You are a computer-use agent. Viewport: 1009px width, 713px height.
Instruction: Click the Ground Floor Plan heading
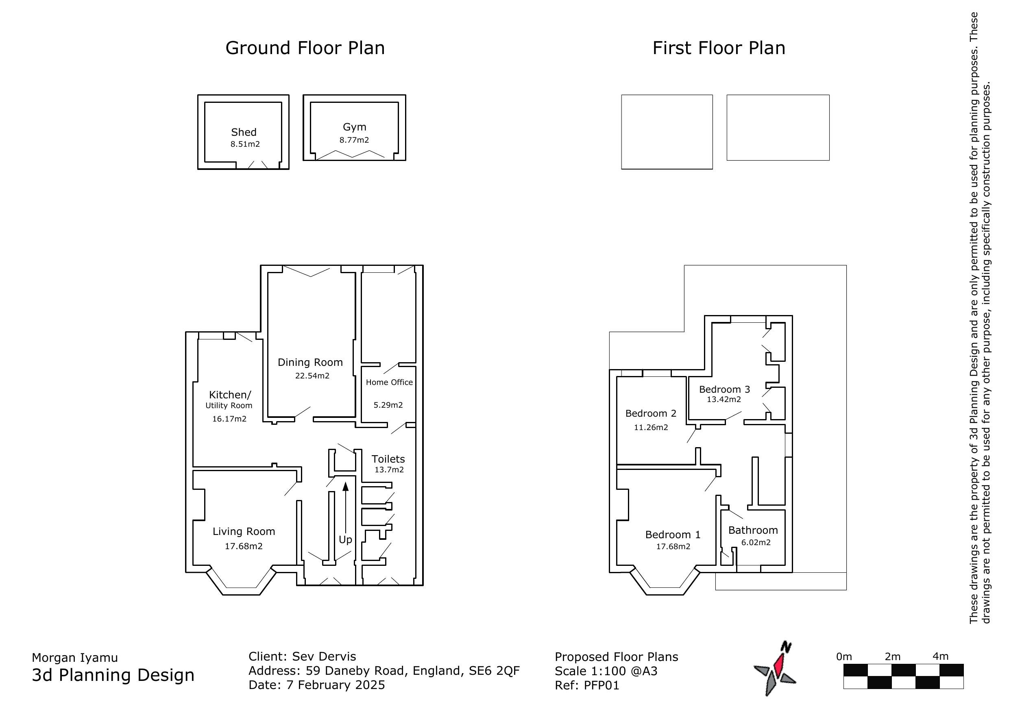(x=305, y=48)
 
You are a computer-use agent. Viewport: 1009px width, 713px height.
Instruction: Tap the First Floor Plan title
(x=719, y=48)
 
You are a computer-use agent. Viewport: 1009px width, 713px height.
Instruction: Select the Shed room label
(x=244, y=132)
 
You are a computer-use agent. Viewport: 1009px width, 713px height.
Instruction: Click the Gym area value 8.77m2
(x=354, y=140)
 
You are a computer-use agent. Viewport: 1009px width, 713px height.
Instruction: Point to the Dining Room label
(x=310, y=363)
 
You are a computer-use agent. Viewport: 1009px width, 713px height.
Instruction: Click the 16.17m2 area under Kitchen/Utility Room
(x=229, y=419)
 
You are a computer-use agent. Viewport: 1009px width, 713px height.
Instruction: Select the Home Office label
(x=389, y=382)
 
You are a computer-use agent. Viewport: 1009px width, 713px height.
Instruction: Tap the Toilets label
(x=388, y=459)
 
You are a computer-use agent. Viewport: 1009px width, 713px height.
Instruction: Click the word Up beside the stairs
(x=345, y=539)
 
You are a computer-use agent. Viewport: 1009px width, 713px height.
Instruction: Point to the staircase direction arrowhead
(x=345, y=486)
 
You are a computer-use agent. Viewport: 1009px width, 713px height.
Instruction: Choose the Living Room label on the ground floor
(x=244, y=532)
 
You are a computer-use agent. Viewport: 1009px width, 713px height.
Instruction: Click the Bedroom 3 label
(x=724, y=389)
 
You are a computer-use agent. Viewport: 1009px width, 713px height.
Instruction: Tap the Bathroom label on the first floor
(x=753, y=530)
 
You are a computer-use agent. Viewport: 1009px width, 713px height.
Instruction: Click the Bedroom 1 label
(x=672, y=535)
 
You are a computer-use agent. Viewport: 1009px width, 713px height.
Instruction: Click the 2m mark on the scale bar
(x=892, y=657)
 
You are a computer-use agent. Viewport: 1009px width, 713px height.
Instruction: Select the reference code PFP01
(x=601, y=685)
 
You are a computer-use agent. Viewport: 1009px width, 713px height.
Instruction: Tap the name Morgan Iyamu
(x=75, y=658)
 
